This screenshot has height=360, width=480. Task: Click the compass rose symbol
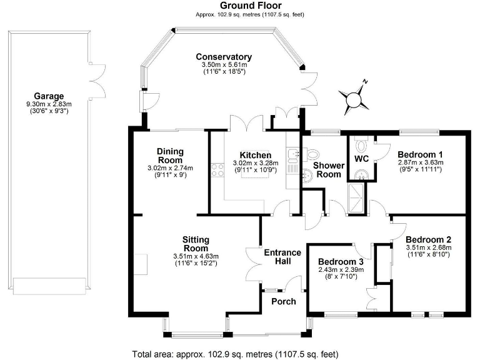coord(354,96)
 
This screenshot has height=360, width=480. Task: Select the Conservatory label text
coord(223,57)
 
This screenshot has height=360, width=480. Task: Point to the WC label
coord(362,159)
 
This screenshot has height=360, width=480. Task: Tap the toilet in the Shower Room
coord(311,154)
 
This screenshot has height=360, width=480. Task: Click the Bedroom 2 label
coord(428,239)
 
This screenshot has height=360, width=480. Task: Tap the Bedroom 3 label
coord(340,261)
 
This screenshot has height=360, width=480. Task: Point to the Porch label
coord(283,301)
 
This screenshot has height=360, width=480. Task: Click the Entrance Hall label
coord(282,257)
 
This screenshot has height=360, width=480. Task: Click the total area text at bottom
coord(236,354)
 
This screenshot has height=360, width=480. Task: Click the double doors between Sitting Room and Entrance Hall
coord(253,266)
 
